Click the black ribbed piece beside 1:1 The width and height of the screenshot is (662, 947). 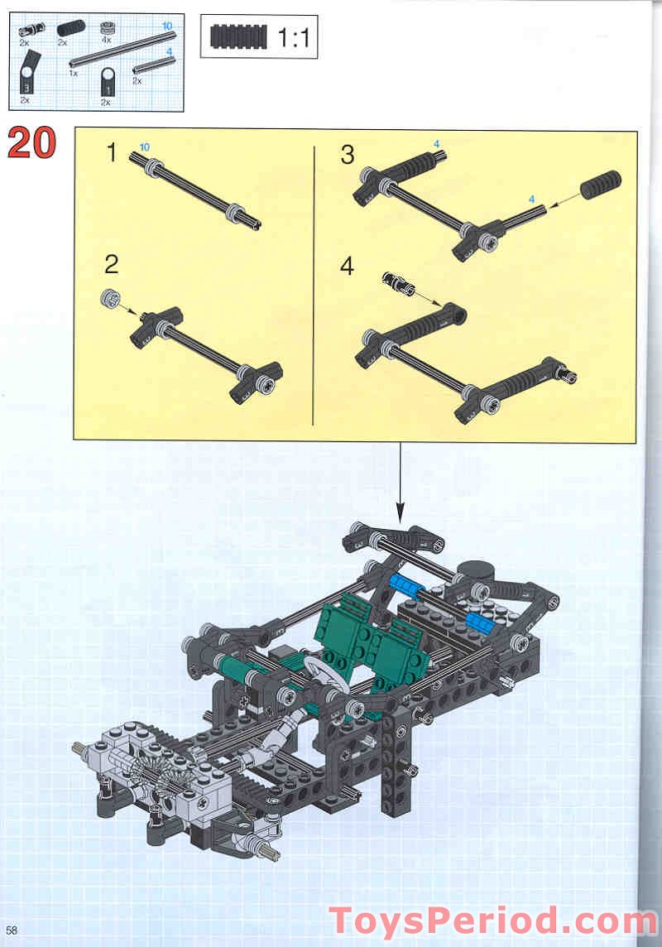click(237, 37)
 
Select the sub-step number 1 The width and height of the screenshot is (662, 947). click(113, 153)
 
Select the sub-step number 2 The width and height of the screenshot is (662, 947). click(112, 264)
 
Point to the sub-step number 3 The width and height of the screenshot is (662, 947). click(348, 154)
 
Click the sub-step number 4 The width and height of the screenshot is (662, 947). click(348, 267)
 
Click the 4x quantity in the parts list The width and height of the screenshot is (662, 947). click(106, 40)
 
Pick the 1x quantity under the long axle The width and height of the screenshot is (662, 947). click(74, 73)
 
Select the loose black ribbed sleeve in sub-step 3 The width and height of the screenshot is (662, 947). click(601, 184)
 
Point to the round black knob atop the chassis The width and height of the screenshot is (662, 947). click(476, 572)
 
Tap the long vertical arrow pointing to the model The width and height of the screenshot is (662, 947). click(401, 484)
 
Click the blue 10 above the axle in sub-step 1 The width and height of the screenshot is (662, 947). click(145, 147)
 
